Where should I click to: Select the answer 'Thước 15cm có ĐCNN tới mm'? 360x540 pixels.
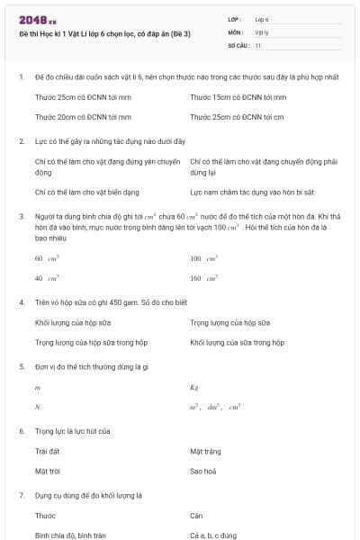coord(238,96)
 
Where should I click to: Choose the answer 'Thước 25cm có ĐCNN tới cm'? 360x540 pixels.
coord(238,116)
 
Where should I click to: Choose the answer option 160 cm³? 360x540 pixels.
coord(202,278)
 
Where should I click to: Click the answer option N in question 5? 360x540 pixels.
coord(38,407)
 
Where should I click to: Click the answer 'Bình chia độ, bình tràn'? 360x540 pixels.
coord(70,535)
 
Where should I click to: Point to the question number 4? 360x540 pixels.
coord(22,302)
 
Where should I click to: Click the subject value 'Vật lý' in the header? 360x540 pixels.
coord(262,31)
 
